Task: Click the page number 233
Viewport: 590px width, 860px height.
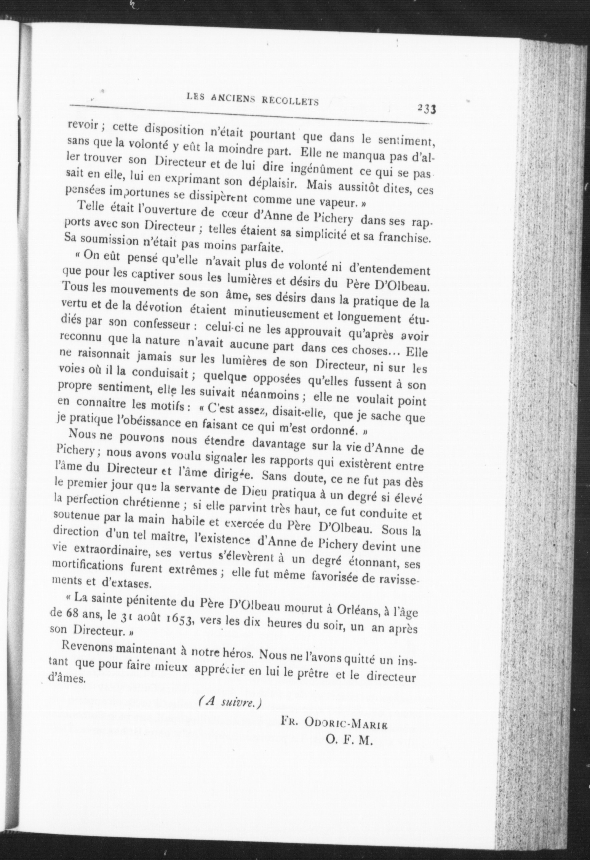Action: (x=426, y=109)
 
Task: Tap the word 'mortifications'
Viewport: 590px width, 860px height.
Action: (x=88, y=568)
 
